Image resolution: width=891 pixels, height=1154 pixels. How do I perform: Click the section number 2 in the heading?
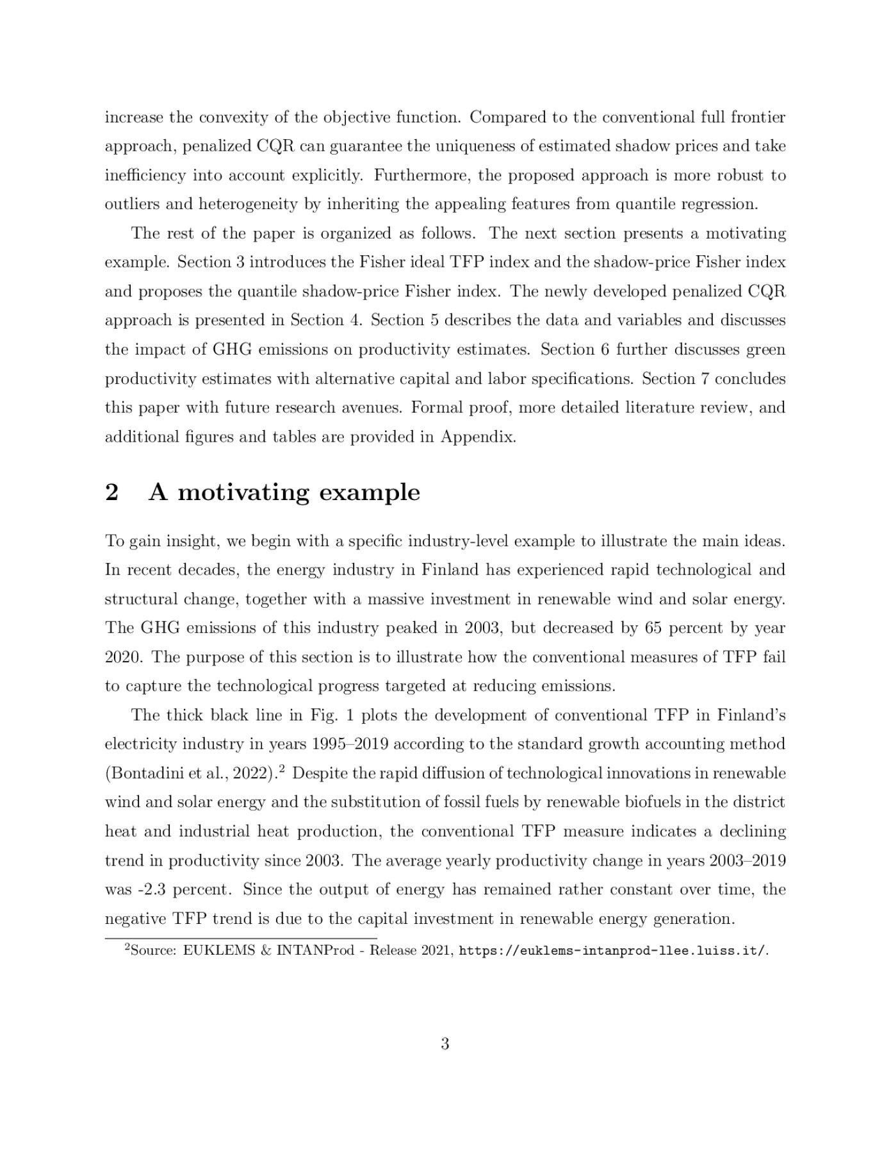pos(111,493)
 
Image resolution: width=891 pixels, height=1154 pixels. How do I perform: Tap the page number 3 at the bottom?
pos(445,1044)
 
